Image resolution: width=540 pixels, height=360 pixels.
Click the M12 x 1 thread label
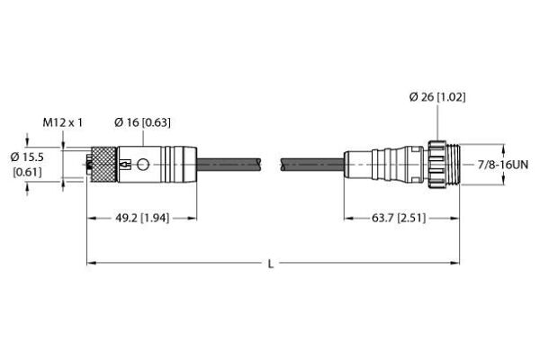[63, 122]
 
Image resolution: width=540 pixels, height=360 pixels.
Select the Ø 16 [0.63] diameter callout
[142, 122]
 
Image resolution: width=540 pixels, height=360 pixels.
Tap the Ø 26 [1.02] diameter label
[437, 97]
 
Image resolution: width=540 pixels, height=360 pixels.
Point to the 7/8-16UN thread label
[503, 165]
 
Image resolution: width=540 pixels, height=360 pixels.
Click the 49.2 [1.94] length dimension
[142, 218]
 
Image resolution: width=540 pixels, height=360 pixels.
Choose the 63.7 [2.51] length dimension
[399, 218]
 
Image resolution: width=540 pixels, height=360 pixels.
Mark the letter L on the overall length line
[271, 264]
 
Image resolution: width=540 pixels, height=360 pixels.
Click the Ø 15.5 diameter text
[27, 157]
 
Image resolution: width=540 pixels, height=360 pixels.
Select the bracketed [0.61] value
[27, 172]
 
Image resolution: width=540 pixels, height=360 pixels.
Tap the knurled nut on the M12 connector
[103, 165]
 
